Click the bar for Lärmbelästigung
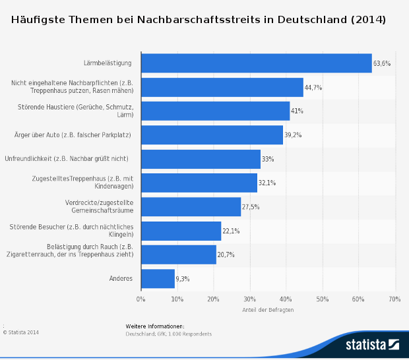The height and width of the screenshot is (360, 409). (x=256, y=63)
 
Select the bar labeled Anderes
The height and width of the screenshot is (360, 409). (x=158, y=278)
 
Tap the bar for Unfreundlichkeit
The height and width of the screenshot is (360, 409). (x=201, y=159)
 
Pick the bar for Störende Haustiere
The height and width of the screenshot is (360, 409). (x=215, y=111)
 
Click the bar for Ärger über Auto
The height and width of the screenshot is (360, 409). (x=212, y=135)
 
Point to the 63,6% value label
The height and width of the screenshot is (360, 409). (x=382, y=64)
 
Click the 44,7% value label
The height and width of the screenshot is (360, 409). (x=313, y=88)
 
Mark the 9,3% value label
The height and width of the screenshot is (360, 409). (x=183, y=279)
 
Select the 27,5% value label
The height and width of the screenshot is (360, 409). (x=251, y=207)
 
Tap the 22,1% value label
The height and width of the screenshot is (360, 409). (x=231, y=231)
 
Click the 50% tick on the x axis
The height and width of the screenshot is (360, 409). (x=323, y=299)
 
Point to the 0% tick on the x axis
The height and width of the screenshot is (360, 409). (x=141, y=299)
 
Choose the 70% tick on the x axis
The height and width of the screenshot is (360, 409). (x=394, y=299)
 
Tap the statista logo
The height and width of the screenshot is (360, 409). (x=372, y=344)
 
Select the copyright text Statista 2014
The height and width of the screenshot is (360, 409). (x=21, y=332)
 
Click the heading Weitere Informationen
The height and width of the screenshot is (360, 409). (x=155, y=326)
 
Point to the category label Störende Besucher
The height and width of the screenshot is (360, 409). (x=73, y=230)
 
